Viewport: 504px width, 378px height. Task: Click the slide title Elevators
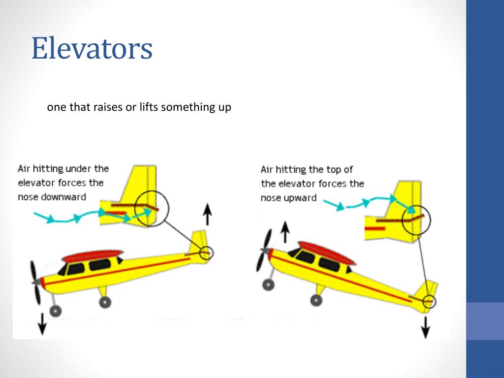[x=92, y=49]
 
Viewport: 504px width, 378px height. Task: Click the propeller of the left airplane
[x=36, y=283]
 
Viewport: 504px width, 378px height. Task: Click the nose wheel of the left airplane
[x=56, y=311]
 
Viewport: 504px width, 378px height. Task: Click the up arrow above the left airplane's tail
[x=208, y=215]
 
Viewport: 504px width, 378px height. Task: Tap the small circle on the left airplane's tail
[x=207, y=253]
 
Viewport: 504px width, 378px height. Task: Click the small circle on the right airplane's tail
[x=429, y=300]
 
